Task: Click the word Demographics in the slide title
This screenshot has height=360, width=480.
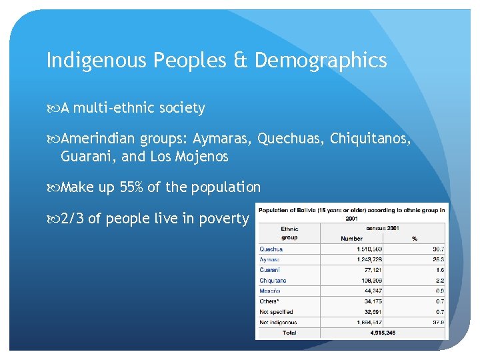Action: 320,61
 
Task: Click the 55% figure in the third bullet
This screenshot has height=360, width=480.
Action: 132,187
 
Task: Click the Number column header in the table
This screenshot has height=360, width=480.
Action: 351,239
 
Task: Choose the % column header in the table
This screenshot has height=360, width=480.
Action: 415,239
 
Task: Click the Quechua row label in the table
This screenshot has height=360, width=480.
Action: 271,249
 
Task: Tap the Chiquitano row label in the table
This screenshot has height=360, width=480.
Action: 273,281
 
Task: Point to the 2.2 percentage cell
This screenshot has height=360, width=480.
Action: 440,281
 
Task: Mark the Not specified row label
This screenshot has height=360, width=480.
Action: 276,311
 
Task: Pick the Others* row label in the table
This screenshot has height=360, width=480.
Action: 270,301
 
